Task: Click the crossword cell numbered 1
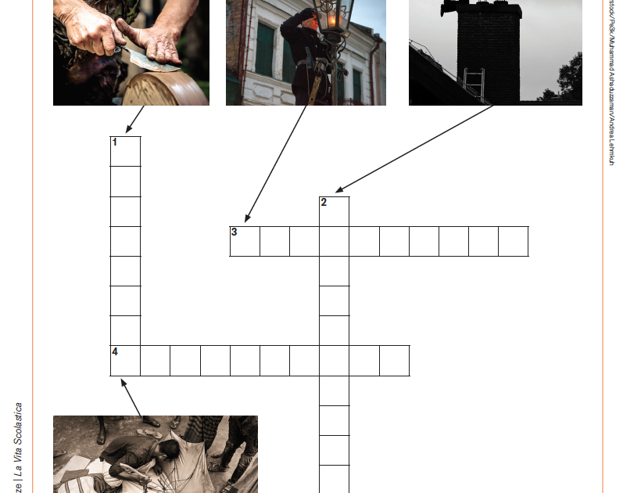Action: [125, 151]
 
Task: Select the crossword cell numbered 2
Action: [335, 211]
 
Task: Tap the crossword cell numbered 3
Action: [245, 241]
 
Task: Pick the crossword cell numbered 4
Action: [125, 361]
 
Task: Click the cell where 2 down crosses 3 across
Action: [335, 241]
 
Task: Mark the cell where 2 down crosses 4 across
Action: [335, 361]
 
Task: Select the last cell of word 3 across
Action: [514, 241]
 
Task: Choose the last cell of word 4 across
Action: [395, 361]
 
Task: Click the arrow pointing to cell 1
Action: [135, 120]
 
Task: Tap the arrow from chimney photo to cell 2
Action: [414, 149]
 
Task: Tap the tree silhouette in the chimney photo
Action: [569, 78]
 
